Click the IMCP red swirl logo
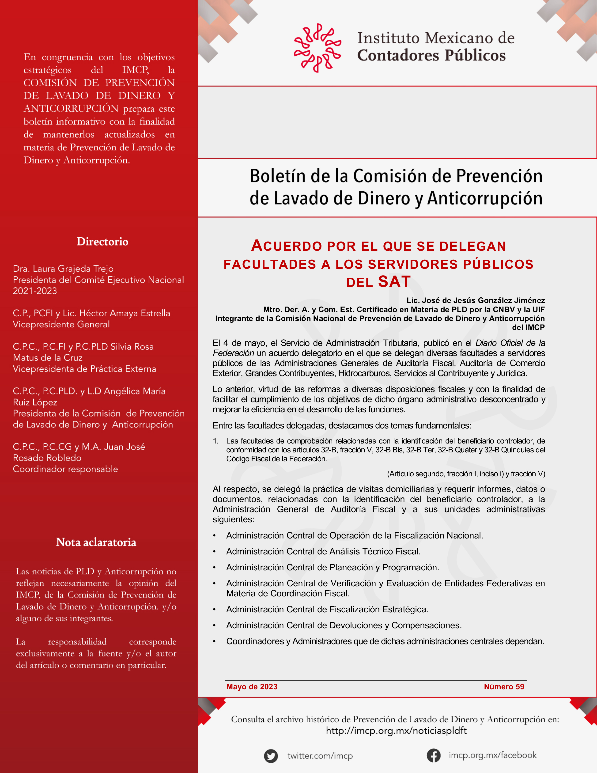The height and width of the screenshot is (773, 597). (317, 48)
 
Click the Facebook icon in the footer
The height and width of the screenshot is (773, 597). (434, 756)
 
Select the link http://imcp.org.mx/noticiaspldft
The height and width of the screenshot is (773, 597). (396, 731)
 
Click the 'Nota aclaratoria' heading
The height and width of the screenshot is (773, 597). (96, 542)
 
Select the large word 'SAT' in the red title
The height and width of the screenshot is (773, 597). (394, 282)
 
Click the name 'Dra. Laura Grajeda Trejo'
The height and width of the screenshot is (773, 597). (63, 269)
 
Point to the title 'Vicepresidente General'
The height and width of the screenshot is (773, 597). (61, 324)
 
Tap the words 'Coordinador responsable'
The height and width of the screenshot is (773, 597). (65, 469)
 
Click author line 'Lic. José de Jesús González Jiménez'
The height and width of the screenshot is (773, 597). (475, 300)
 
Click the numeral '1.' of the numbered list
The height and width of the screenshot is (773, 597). (215, 441)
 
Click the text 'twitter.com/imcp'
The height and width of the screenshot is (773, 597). (320, 756)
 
